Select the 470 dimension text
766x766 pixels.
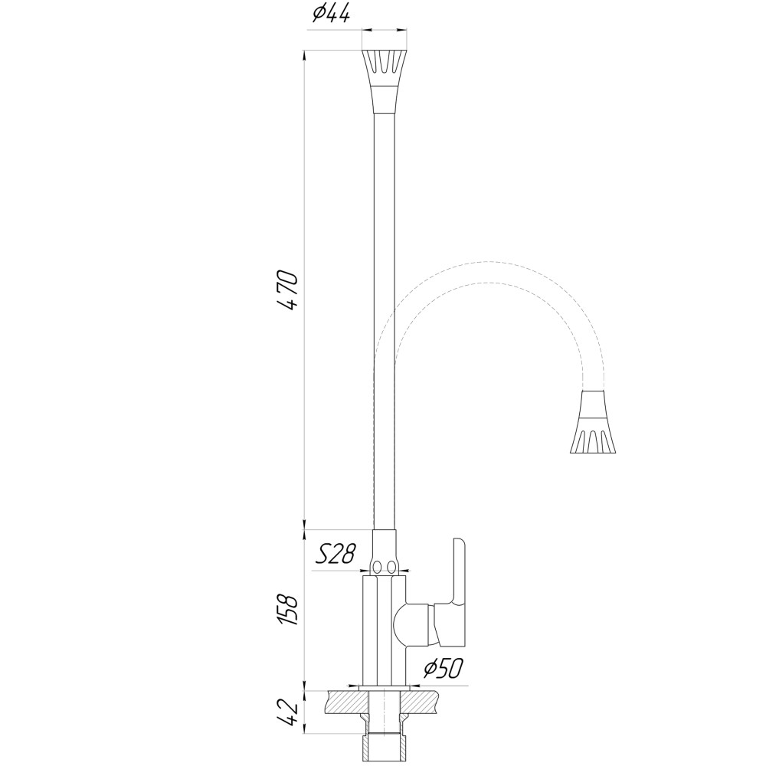[286, 290]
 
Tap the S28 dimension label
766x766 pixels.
[336, 554]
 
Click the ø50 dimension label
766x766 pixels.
[443, 668]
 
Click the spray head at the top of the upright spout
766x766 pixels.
[384, 81]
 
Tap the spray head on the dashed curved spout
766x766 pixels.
[593, 421]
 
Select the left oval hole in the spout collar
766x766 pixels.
[377, 567]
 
